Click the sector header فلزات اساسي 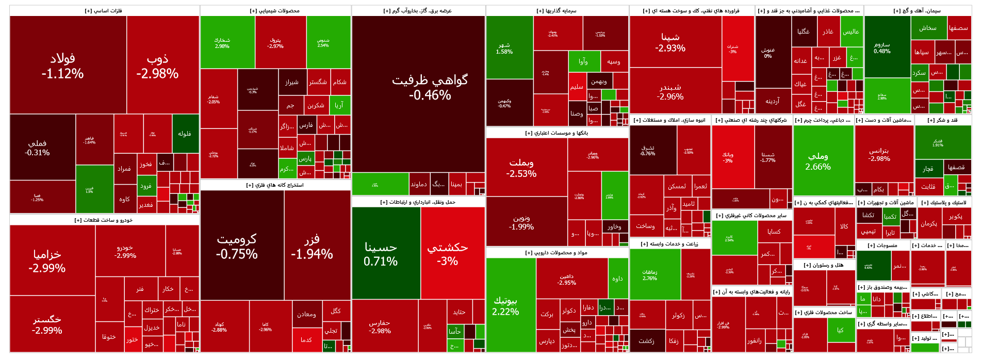point(104,11)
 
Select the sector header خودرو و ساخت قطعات point(104,220)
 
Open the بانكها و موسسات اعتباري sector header point(557,133)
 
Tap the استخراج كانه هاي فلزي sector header point(275,185)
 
